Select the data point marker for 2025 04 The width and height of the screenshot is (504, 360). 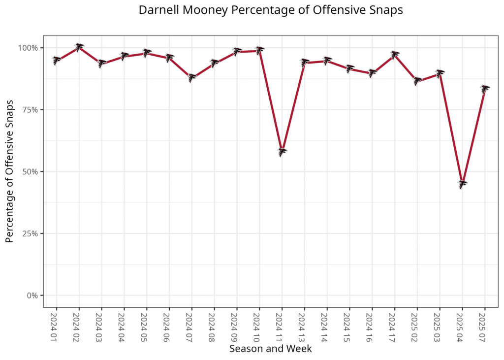462,184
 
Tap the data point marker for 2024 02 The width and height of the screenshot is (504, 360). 79,47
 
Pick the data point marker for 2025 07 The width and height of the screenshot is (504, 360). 485,89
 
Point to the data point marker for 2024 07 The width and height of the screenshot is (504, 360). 191,77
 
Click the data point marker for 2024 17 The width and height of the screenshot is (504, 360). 394,55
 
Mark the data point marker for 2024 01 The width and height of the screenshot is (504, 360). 56,61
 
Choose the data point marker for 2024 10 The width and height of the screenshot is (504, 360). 259,50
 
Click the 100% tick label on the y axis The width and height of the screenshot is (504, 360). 28,48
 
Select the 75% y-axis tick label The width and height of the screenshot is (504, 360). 31,110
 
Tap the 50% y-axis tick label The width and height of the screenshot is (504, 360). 31,172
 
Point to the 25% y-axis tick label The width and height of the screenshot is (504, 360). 31,233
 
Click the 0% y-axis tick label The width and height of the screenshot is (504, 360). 32,295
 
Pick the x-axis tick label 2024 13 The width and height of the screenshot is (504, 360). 304,325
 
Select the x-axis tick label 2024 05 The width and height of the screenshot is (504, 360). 146,325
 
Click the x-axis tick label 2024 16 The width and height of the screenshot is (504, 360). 372,325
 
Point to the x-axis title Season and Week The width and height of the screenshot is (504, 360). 270,349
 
